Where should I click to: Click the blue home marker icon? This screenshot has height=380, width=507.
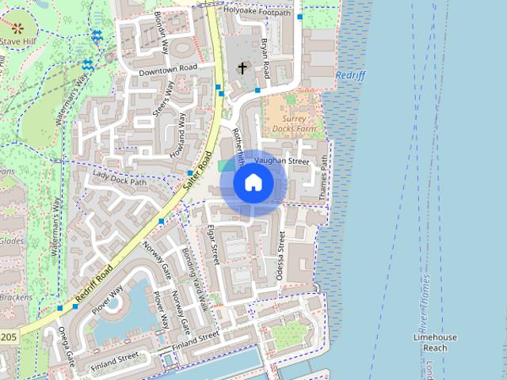pyautogui.click(x=253, y=183)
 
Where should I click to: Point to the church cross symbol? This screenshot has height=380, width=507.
pyautogui.click(x=242, y=69)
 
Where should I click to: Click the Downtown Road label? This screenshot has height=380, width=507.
pyautogui.click(x=167, y=70)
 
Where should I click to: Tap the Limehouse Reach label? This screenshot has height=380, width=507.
pyautogui.click(x=435, y=342)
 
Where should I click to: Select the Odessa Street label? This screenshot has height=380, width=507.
pyautogui.click(x=280, y=256)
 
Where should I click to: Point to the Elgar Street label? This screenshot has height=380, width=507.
pyautogui.click(x=212, y=243)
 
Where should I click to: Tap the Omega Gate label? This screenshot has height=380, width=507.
pyautogui.click(x=61, y=348)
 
